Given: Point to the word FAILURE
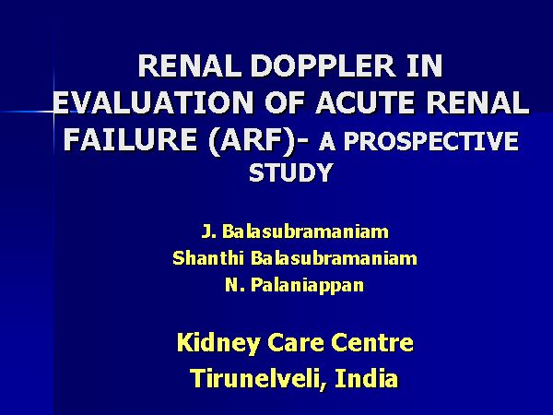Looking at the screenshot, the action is point(130,138).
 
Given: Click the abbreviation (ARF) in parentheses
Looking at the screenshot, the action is point(253,140).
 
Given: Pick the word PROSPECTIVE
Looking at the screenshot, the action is point(431,141).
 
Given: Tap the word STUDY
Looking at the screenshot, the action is point(290,172).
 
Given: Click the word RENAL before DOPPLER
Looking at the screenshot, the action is point(190,66).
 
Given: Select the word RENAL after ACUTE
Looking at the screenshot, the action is point(478,102).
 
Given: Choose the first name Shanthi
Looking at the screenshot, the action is point(208,258).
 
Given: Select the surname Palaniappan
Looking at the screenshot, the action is point(307,285).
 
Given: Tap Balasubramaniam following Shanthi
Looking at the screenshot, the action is point(334,258).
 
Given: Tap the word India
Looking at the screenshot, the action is point(366,378).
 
